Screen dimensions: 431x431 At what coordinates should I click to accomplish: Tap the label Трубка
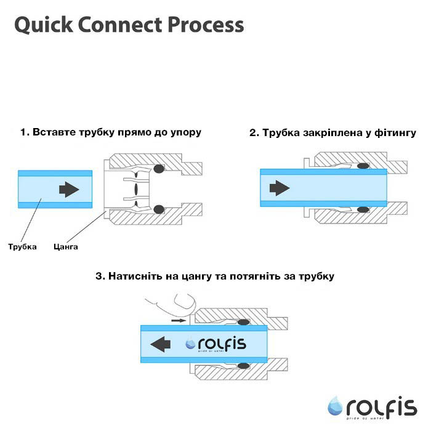pos(23,247)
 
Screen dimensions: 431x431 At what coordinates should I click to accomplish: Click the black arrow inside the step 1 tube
pos(70,189)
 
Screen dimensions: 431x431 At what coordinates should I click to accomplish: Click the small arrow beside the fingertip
pos(178,321)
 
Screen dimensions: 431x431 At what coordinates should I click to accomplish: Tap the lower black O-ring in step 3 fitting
pos(244,365)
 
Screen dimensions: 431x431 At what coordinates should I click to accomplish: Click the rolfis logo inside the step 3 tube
pos(216,344)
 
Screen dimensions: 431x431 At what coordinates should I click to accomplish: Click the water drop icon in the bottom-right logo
pos(336,406)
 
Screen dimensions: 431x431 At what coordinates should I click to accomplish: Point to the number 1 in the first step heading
pos(23,132)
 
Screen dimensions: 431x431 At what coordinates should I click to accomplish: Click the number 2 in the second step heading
pos(253,132)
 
